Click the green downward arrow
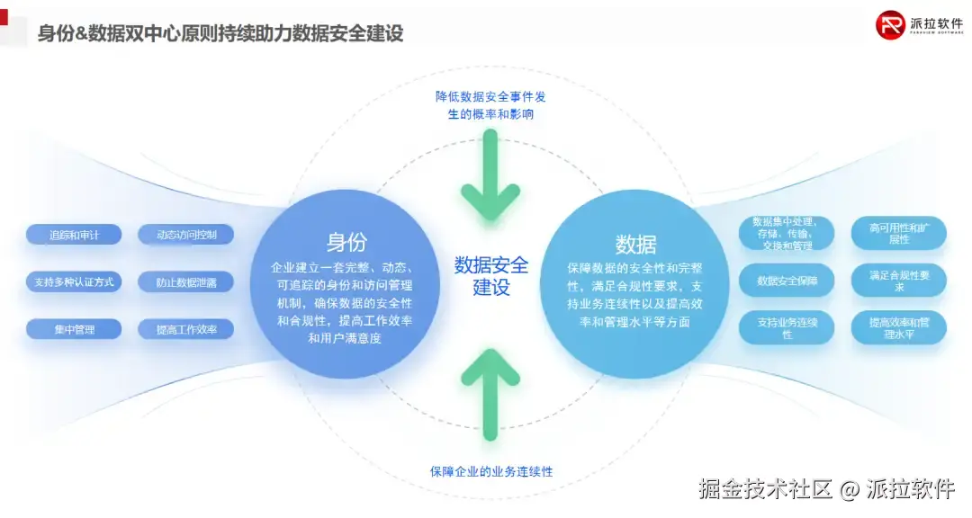tap(490, 176)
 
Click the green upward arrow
tap(490, 391)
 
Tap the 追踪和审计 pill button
tap(74, 235)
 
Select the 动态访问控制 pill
tap(187, 235)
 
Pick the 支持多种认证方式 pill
tap(74, 281)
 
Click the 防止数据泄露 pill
tap(187, 281)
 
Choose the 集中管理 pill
tap(74, 329)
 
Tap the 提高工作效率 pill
tap(187, 329)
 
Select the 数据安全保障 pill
tap(786, 281)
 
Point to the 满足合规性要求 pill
tap(898, 281)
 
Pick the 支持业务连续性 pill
tap(786, 328)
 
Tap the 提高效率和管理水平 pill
tap(898, 327)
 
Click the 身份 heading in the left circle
tap(346, 242)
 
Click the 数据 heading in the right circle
tap(635, 244)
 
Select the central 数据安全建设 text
tap(490, 276)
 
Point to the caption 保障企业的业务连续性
tap(490, 471)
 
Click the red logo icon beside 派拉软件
tap(890, 24)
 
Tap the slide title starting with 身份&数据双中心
tap(220, 34)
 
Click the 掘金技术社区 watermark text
tap(765, 489)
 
